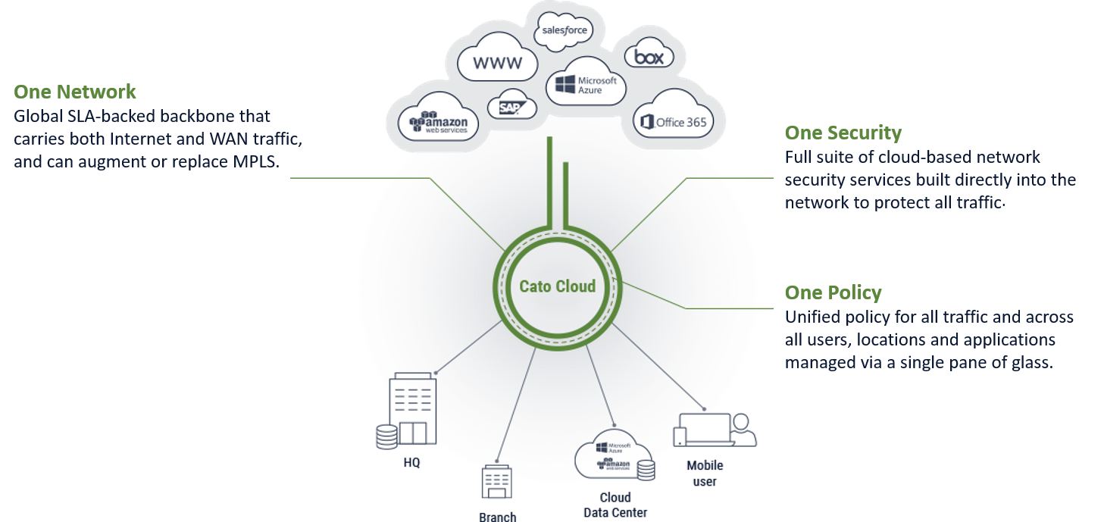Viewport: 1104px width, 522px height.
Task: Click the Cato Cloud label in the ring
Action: (x=557, y=286)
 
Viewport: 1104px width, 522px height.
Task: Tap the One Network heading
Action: (x=75, y=92)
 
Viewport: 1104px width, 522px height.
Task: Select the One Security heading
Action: (x=843, y=133)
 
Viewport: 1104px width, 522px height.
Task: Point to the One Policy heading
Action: (x=833, y=292)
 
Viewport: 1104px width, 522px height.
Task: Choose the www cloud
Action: (x=497, y=63)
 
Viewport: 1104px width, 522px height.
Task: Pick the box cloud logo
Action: (x=649, y=57)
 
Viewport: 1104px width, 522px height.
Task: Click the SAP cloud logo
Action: (x=512, y=108)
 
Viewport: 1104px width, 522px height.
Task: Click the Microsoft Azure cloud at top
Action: (x=586, y=84)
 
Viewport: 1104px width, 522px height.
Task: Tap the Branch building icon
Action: (x=497, y=483)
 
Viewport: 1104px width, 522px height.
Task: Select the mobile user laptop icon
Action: (x=705, y=430)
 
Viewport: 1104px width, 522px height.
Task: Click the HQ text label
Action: (x=411, y=462)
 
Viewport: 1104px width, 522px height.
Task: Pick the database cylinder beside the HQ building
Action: (x=386, y=437)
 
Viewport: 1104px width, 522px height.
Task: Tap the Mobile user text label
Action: (x=705, y=474)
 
